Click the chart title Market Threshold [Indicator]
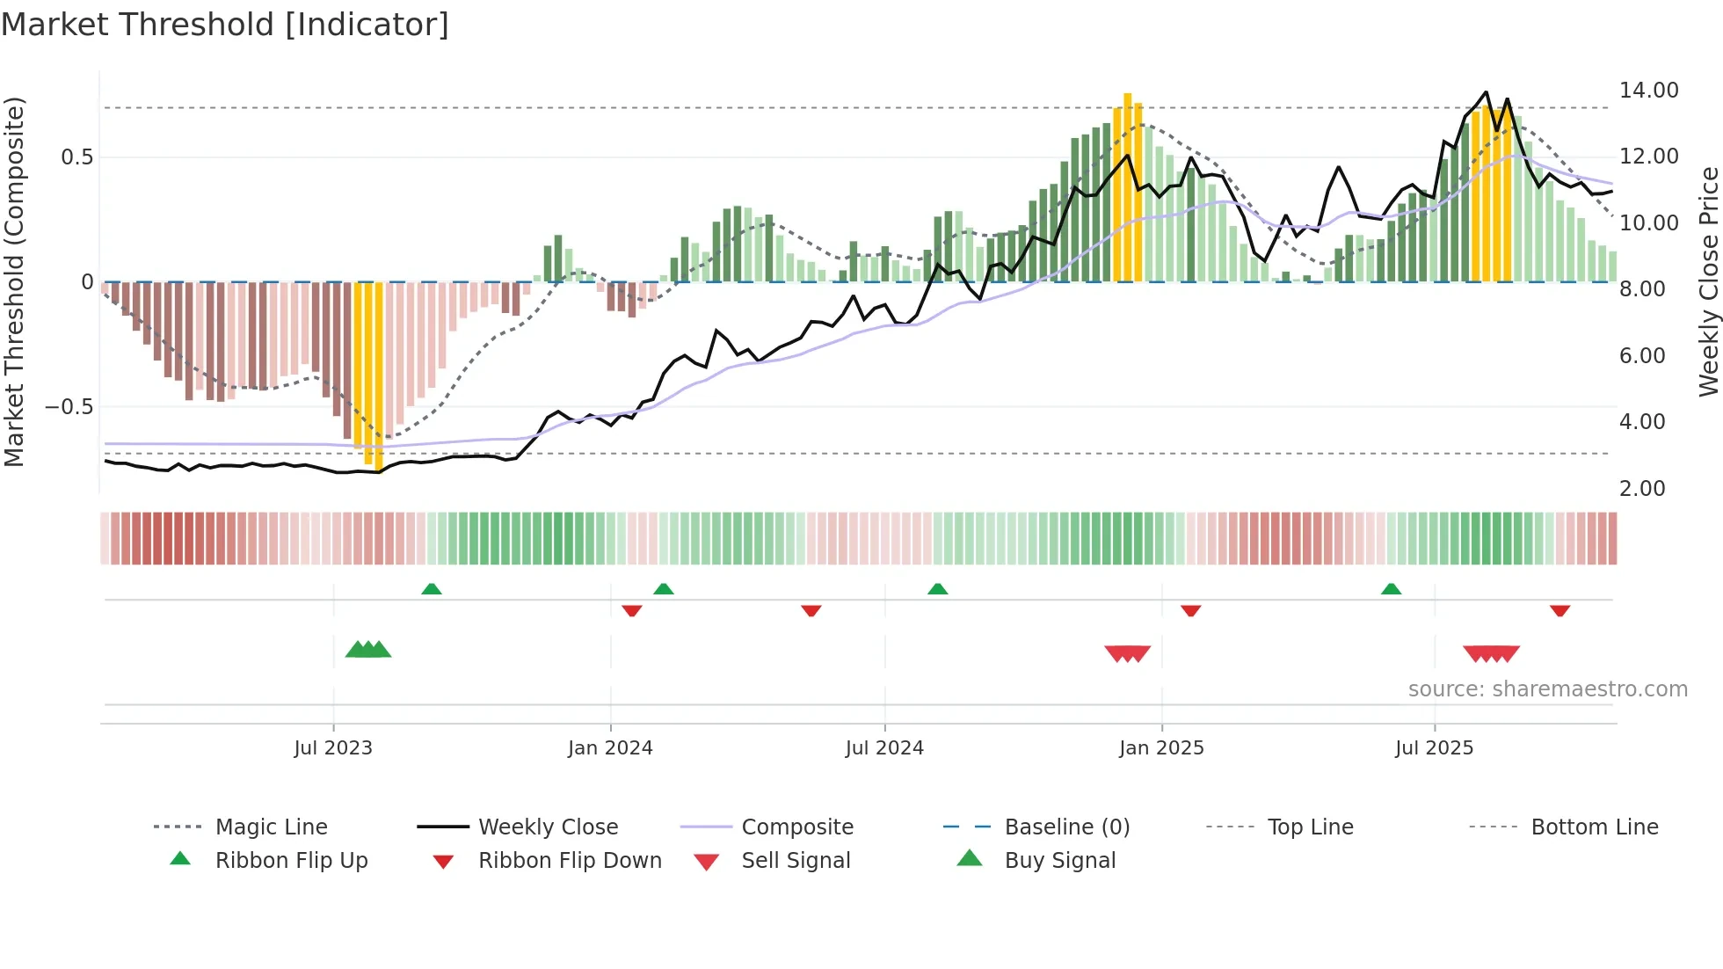(225, 25)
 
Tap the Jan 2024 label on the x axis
(610, 748)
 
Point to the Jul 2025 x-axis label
(1434, 748)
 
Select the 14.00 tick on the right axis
(1648, 91)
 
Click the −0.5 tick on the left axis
(69, 407)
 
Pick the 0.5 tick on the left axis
(76, 157)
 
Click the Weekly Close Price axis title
(1708, 281)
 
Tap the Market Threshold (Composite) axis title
(14, 281)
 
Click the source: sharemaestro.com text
(1547, 689)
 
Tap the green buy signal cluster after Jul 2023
(368, 650)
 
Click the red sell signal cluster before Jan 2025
(1127, 653)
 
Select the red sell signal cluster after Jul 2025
(1491, 653)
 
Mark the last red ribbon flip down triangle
(1559, 610)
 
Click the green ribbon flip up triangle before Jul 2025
(1391, 589)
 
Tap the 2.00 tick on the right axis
(1641, 489)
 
